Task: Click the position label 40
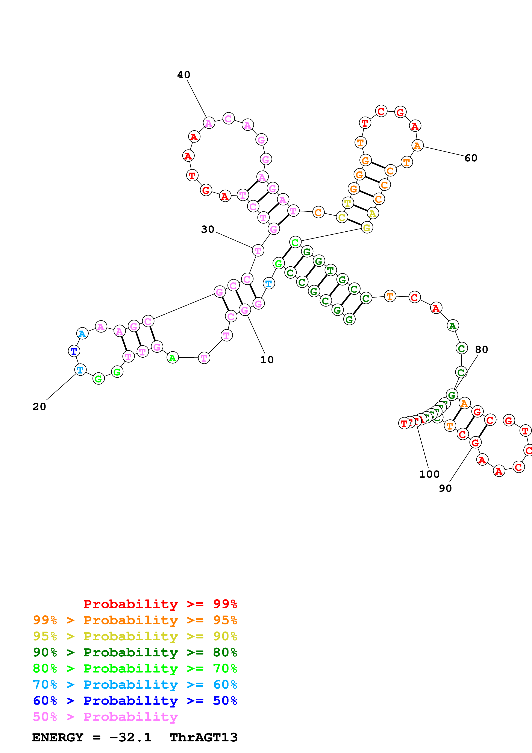[x=183, y=75]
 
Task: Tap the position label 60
[x=471, y=158]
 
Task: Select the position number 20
[x=39, y=407]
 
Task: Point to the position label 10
[x=267, y=360]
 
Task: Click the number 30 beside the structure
[x=208, y=229]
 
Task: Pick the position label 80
[x=482, y=350]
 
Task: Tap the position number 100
[x=429, y=474]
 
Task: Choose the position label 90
[x=445, y=488]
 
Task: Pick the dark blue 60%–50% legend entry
[x=135, y=701]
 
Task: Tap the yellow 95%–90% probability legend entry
[x=135, y=636]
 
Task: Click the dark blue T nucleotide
[x=74, y=351]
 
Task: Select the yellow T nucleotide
[x=347, y=203]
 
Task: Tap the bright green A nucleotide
[x=172, y=357]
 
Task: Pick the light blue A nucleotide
[x=82, y=334]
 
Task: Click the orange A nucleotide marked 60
[x=417, y=145]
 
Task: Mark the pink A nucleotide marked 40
[x=209, y=123]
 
